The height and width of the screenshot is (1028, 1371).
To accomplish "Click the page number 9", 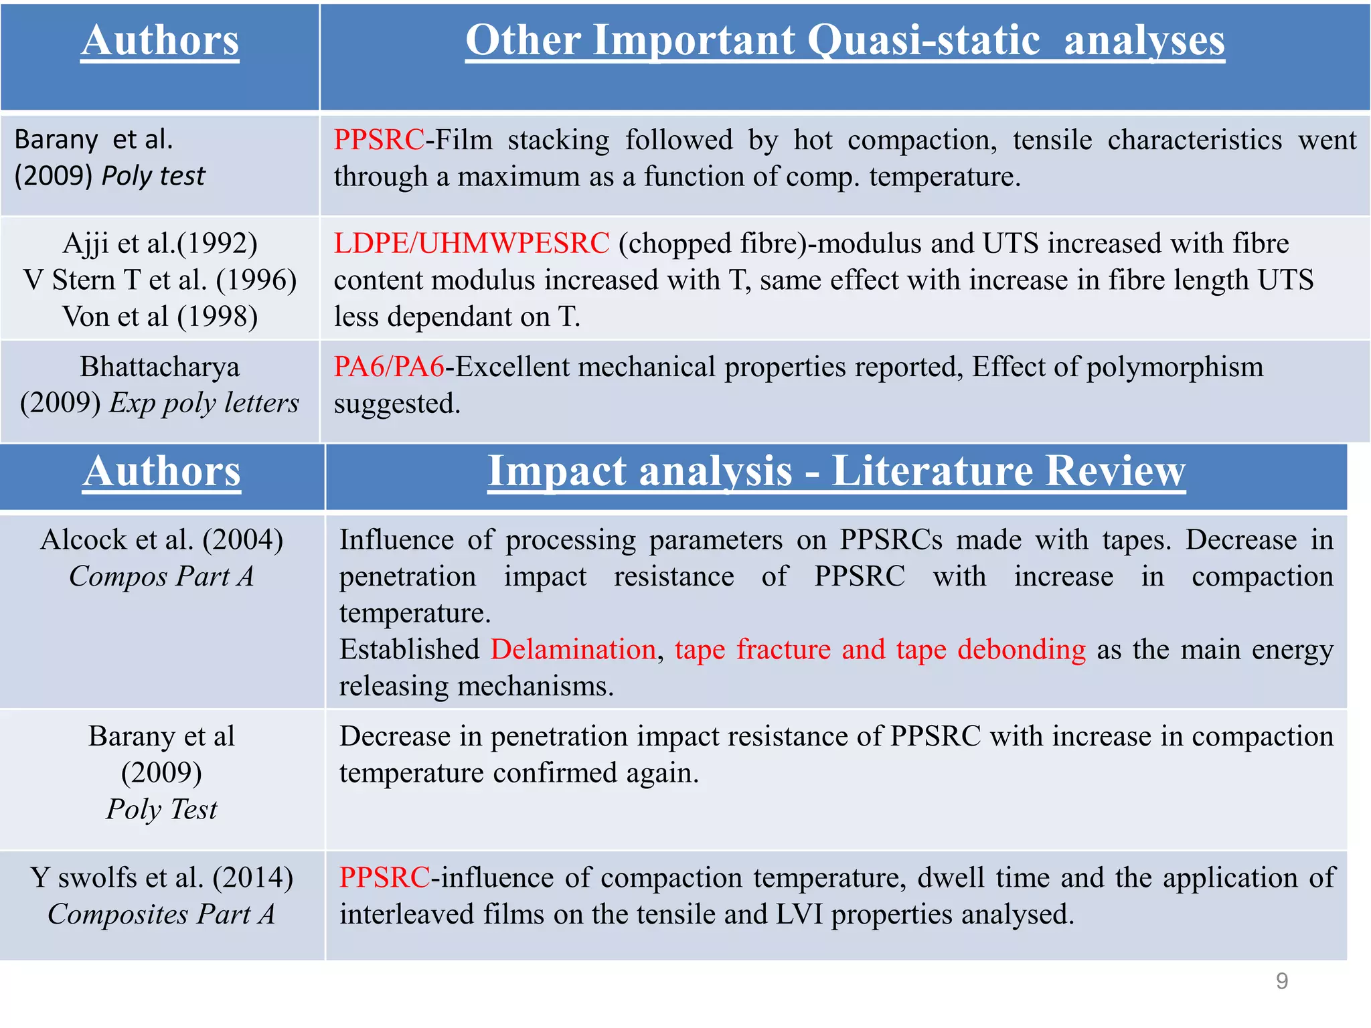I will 1281,981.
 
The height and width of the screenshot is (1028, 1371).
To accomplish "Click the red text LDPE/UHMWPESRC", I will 471,244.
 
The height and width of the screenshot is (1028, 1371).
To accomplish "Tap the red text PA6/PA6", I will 389,367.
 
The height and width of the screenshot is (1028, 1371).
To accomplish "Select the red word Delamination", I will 573,650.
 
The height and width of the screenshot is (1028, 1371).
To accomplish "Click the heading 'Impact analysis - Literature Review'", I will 836,471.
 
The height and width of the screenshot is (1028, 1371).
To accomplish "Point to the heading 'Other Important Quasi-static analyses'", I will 845,40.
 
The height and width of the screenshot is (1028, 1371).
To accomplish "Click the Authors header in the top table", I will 160,40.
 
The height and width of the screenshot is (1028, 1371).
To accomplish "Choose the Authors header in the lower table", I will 161,471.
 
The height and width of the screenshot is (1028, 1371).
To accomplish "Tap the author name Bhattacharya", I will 160,367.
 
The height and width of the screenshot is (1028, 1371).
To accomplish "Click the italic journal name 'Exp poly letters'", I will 204,403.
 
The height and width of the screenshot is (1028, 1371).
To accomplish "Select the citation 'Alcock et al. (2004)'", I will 161,539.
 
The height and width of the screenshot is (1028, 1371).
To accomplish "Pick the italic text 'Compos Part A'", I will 161,576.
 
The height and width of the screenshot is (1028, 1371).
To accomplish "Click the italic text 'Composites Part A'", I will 161,914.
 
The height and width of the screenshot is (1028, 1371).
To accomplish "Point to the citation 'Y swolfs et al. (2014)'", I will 161,877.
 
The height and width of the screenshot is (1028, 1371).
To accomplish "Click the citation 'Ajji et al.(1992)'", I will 160,244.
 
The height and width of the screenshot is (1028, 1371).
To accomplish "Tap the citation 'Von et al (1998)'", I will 160,317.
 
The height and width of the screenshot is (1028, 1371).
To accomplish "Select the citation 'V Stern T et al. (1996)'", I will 160,280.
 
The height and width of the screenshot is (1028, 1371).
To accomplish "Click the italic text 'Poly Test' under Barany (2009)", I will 161,809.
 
